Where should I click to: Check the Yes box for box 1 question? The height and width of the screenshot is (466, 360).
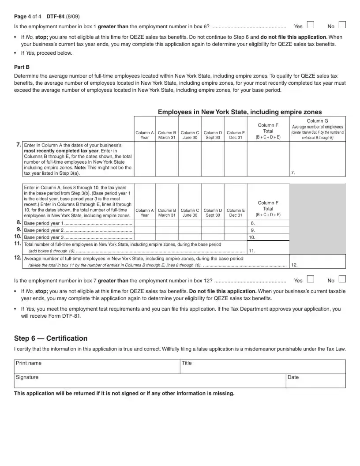(x=310, y=25)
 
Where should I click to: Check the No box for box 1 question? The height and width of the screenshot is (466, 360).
(x=342, y=25)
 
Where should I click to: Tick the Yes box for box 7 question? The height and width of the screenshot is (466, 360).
(x=310, y=279)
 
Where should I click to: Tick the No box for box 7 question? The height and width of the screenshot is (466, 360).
(x=342, y=279)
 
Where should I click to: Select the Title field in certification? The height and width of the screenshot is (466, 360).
(x=262, y=367)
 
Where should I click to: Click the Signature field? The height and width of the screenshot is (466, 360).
(x=150, y=381)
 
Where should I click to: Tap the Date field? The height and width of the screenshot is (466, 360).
(x=315, y=381)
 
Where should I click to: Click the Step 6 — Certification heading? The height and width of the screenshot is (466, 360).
(x=51, y=338)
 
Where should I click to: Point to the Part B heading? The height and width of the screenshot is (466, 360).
(x=22, y=67)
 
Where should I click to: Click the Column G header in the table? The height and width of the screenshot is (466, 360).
(x=317, y=129)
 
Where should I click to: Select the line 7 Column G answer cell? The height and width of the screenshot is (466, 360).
(x=317, y=159)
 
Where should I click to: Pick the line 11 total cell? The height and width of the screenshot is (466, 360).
(x=268, y=248)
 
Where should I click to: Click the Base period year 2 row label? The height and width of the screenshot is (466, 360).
(x=78, y=230)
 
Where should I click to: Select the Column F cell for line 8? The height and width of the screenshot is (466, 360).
(x=268, y=223)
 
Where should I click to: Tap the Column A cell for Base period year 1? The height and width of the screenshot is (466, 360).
(x=144, y=223)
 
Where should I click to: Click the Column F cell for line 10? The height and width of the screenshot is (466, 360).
(x=268, y=237)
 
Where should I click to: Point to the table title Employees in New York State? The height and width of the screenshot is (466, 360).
(x=240, y=112)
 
